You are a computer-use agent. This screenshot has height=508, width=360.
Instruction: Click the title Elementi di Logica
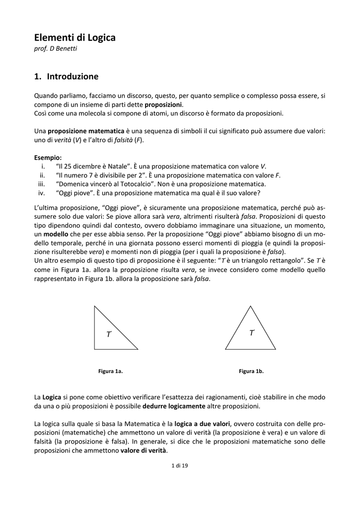[x=74, y=38]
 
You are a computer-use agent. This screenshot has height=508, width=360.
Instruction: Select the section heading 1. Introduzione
[x=67, y=76]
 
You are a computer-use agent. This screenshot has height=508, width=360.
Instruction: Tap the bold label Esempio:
[x=48, y=157]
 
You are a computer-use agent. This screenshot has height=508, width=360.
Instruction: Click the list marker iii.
[x=42, y=184]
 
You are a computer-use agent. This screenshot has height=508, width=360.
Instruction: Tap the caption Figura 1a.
[x=110, y=371]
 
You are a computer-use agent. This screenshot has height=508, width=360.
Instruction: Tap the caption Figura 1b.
[x=251, y=371]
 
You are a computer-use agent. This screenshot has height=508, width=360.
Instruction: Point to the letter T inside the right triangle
[x=109, y=335]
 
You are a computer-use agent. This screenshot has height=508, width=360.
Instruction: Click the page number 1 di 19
[x=180, y=465]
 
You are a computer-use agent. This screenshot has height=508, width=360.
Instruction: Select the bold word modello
[x=56, y=233]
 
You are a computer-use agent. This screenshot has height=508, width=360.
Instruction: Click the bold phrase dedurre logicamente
[x=174, y=406]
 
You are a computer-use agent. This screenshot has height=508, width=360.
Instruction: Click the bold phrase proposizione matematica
[x=86, y=131]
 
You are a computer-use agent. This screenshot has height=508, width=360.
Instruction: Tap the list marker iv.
[x=42, y=192]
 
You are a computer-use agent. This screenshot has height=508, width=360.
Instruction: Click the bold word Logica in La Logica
[x=52, y=397]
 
